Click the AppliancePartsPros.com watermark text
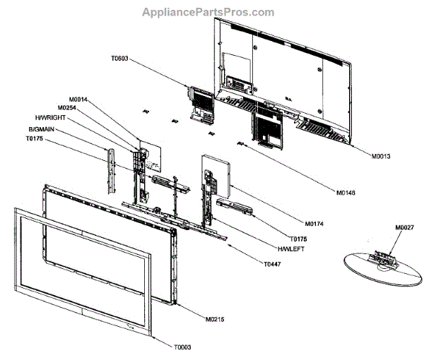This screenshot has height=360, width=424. [208, 12]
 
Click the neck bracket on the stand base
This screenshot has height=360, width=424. [386, 259]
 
